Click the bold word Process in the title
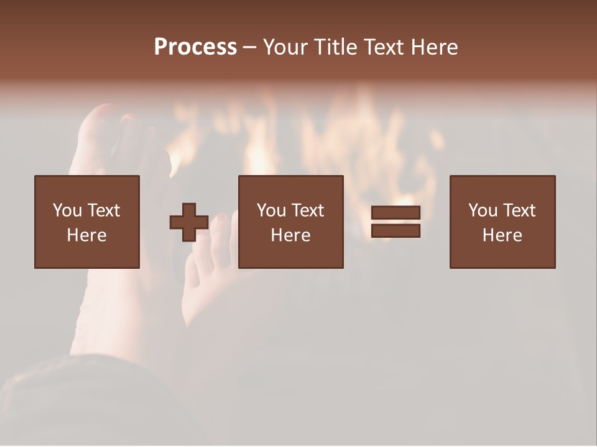[x=195, y=47]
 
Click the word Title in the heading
[x=336, y=47]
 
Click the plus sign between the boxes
[x=189, y=222]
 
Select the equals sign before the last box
[x=396, y=222]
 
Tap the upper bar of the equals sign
[x=396, y=213]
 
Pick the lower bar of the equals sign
[x=396, y=231]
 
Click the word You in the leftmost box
[x=67, y=210]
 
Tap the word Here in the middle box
[x=291, y=235]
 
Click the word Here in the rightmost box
[x=502, y=235]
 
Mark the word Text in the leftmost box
[x=103, y=210]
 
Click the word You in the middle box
[x=271, y=210]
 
